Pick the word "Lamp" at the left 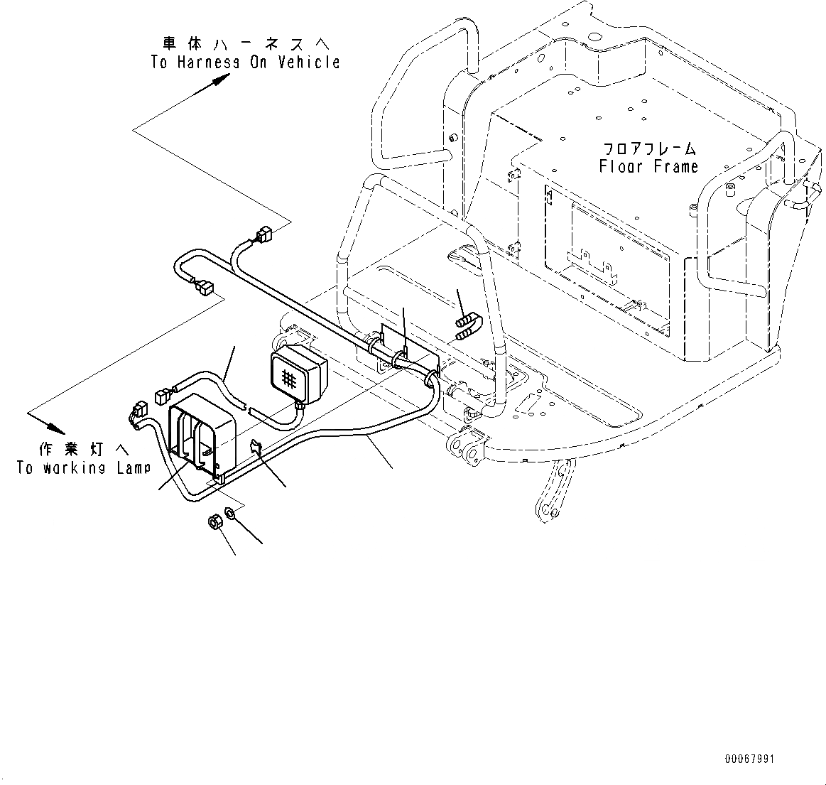coord(131,469)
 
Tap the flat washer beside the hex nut coord(231,513)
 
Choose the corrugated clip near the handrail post coord(466,326)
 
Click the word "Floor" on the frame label coord(619,167)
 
